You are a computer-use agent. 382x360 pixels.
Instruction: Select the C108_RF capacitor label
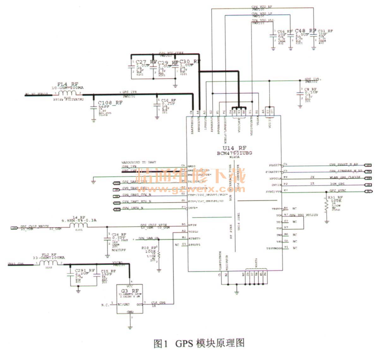click(x=110, y=103)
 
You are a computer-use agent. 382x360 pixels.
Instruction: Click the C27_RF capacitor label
click(x=145, y=62)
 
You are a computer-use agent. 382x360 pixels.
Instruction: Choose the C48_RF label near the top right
click(x=306, y=31)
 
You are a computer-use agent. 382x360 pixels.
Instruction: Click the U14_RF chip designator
click(x=234, y=148)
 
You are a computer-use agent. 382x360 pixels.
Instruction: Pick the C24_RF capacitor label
click(x=119, y=234)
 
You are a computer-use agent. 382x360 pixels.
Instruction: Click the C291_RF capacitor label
click(x=85, y=270)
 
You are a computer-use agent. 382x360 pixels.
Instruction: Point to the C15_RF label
click(x=108, y=271)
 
